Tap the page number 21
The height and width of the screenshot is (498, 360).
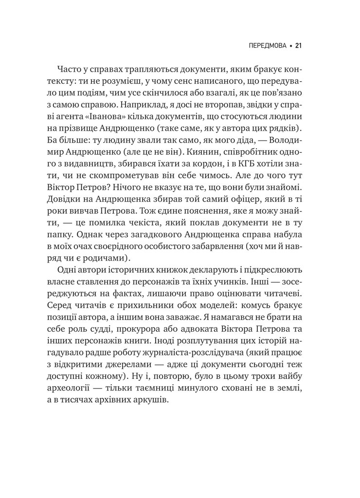(x=299, y=46)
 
